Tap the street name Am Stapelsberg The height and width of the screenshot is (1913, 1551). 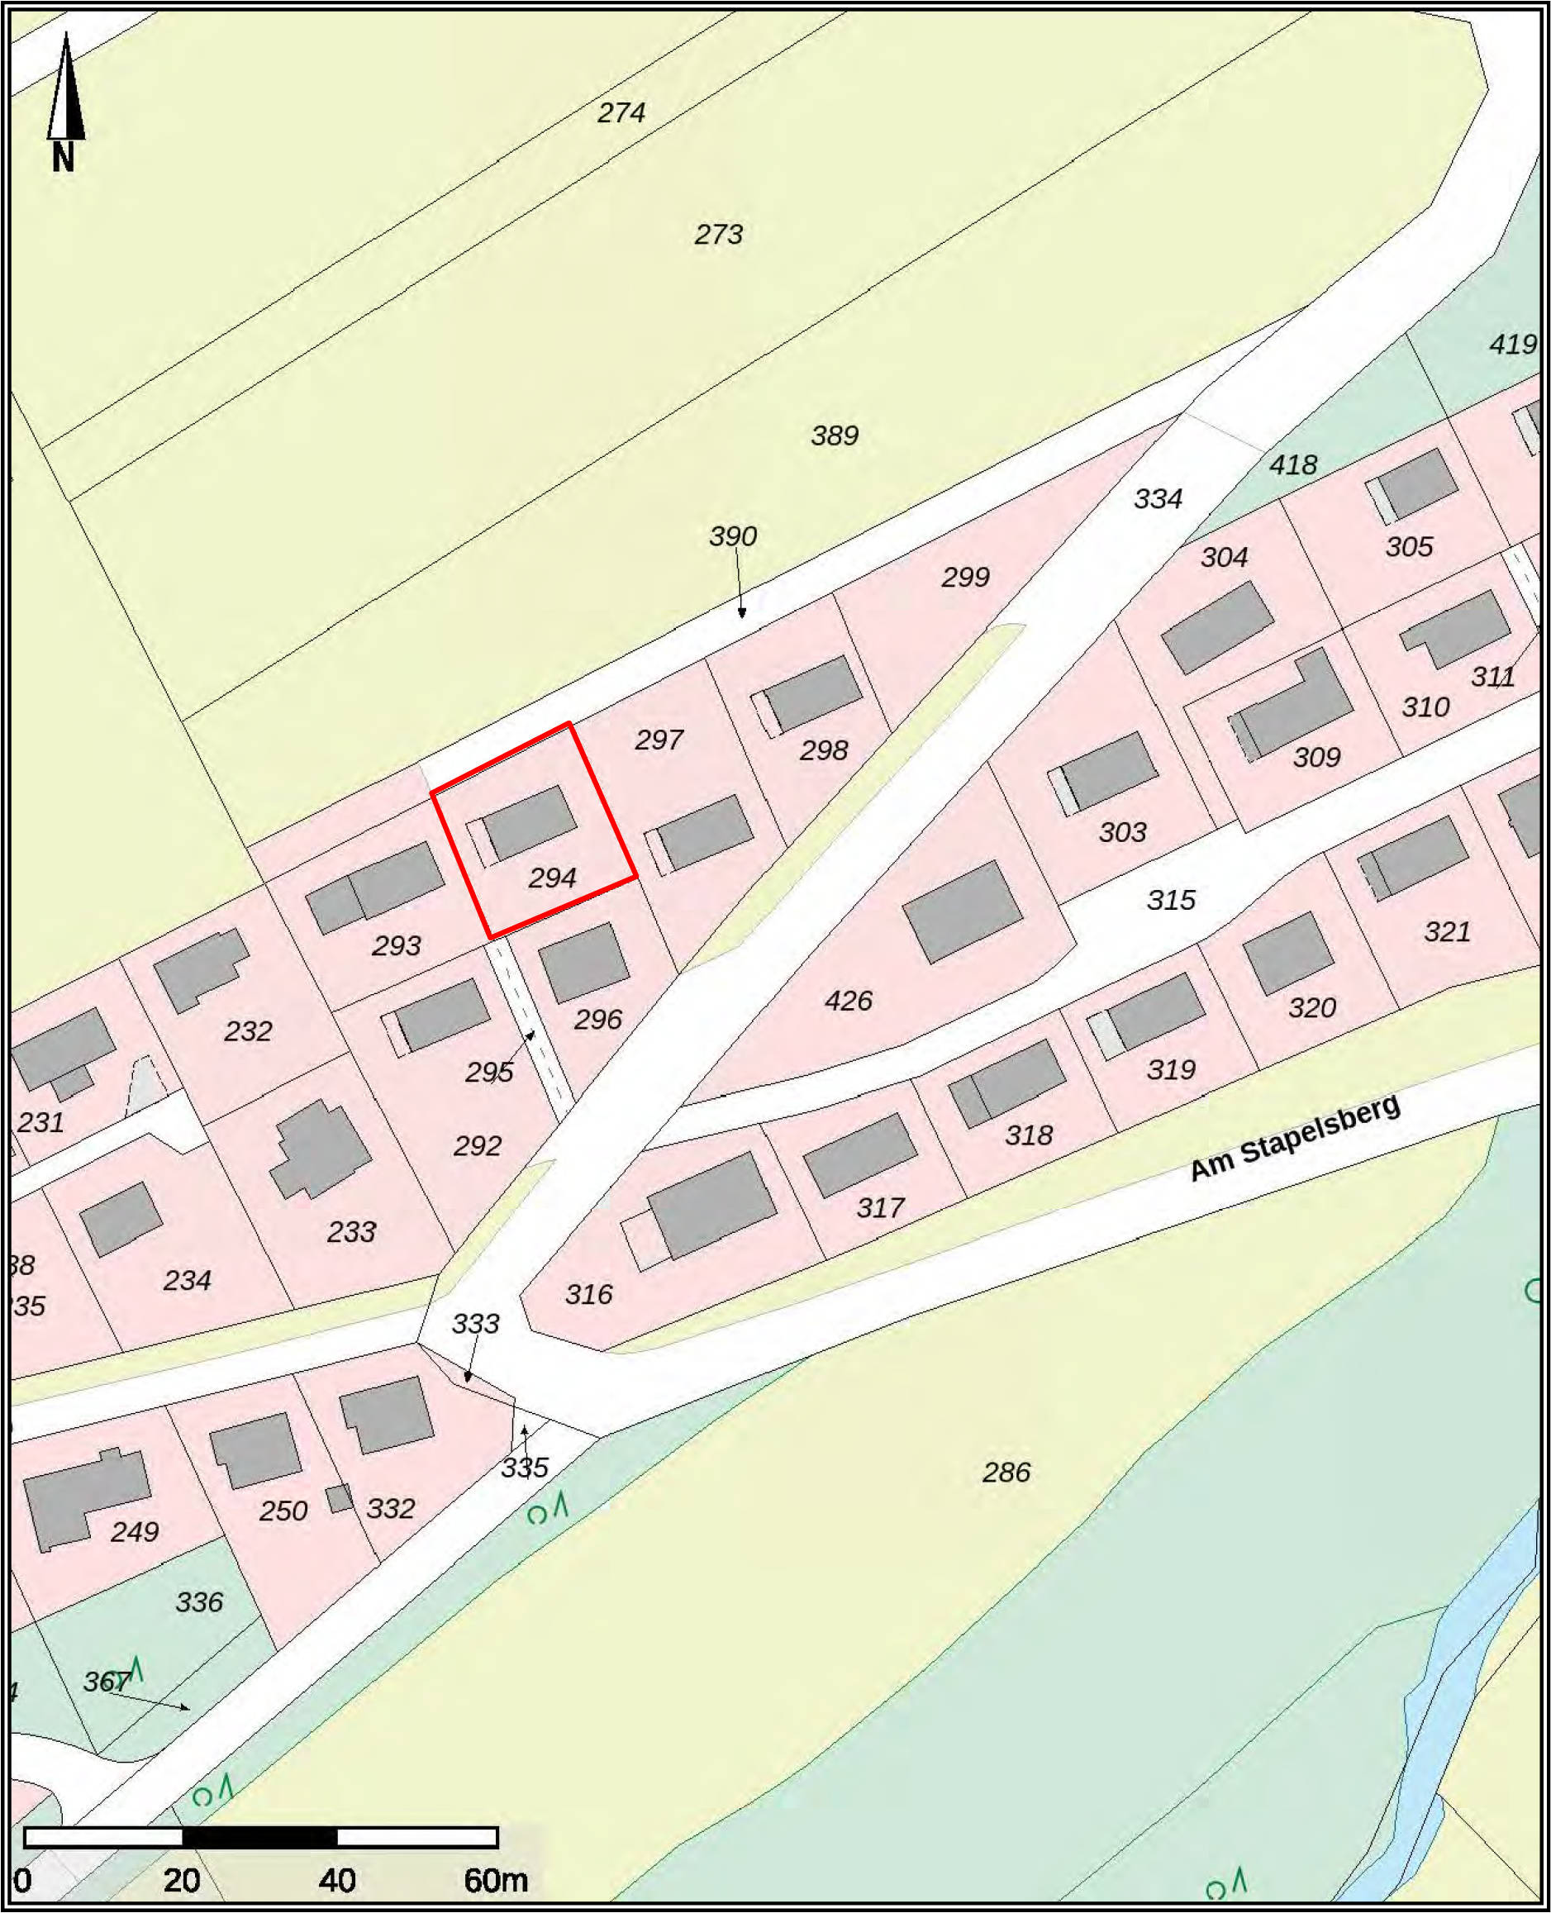[x=1296, y=1137]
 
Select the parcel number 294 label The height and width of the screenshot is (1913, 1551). [x=552, y=878]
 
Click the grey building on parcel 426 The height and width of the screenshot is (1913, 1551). [x=962, y=911]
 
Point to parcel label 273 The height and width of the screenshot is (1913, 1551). [x=718, y=234]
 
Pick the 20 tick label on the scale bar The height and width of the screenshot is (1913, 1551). [x=181, y=1880]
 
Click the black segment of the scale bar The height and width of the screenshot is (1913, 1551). [x=259, y=1838]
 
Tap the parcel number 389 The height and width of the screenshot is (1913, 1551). [x=835, y=435]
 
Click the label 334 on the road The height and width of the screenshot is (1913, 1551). [x=1158, y=498]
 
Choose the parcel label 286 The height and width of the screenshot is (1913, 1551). [x=1006, y=1472]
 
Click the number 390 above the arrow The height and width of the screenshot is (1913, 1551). [x=733, y=536]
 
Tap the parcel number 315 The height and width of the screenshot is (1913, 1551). [x=1170, y=900]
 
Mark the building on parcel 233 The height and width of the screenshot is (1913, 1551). [x=321, y=1149]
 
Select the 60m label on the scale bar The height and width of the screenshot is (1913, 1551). [x=496, y=1880]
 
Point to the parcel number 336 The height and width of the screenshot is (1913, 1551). [x=198, y=1602]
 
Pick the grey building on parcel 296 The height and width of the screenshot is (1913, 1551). [x=583, y=964]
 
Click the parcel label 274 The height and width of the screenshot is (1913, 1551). [x=621, y=112]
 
